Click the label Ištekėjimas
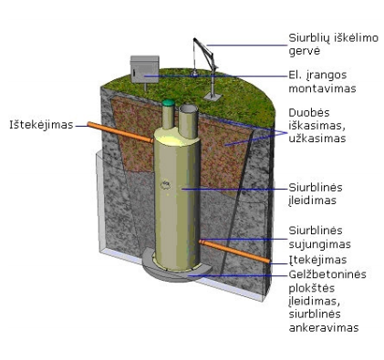(41, 125)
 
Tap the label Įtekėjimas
(317, 260)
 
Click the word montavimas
(322, 88)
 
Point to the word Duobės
(309, 113)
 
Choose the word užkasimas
(317, 139)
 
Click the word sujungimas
(320, 244)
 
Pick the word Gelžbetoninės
(327, 274)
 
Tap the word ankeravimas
(324, 328)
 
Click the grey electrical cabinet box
(144, 69)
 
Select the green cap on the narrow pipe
(168, 103)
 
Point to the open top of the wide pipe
(188, 109)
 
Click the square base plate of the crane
(213, 97)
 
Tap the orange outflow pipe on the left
(120, 132)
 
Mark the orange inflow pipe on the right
(234, 252)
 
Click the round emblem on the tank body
(165, 184)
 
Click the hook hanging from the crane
(194, 72)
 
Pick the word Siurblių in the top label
(309, 38)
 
